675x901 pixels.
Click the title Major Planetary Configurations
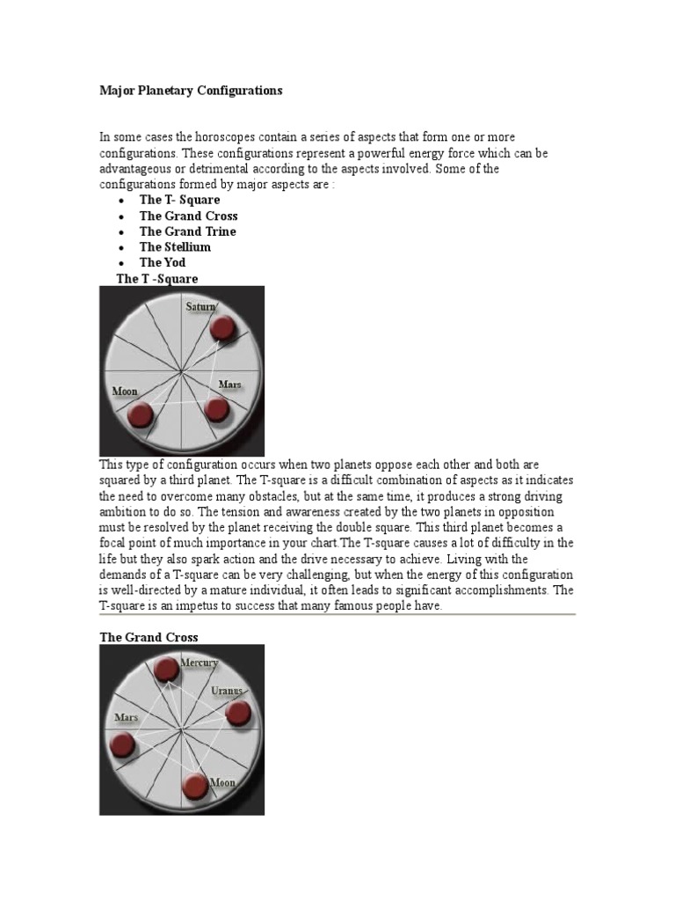click(x=191, y=91)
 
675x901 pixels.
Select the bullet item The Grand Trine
click(x=187, y=231)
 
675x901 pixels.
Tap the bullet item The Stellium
click(x=175, y=247)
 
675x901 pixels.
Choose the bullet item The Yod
click(x=163, y=262)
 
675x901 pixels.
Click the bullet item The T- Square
click(x=179, y=200)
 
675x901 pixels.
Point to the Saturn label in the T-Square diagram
click(x=200, y=307)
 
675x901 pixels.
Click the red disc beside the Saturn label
click(x=222, y=329)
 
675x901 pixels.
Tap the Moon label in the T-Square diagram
click(x=125, y=391)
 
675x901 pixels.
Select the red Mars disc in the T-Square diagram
click(x=216, y=409)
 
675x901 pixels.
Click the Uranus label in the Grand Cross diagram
click(x=226, y=692)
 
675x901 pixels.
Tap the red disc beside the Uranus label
click(x=238, y=713)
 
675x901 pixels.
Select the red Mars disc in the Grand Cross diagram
click(x=124, y=747)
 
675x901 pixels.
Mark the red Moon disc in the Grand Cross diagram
click(x=196, y=787)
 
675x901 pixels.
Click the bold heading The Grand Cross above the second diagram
click(x=149, y=637)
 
